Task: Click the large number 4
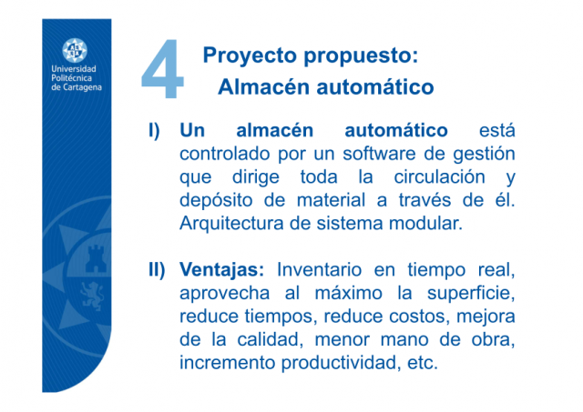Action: (x=163, y=69)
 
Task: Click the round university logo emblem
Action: (x=75, y=50)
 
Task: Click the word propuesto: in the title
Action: (x=361, y=56)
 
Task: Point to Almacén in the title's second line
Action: (x=264, y=86)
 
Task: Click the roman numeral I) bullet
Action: (x=154, y=131)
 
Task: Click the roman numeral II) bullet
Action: (x=157, y=270)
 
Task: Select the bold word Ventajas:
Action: (x=222, y=271)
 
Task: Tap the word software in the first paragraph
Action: (x=379, y=154)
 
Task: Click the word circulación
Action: (x=439, y=177)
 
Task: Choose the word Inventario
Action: (x=320, y=270)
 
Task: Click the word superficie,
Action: (x=471, y=294)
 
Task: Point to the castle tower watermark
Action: (x=95, y=259)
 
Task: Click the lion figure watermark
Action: (x=92, y=296)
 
